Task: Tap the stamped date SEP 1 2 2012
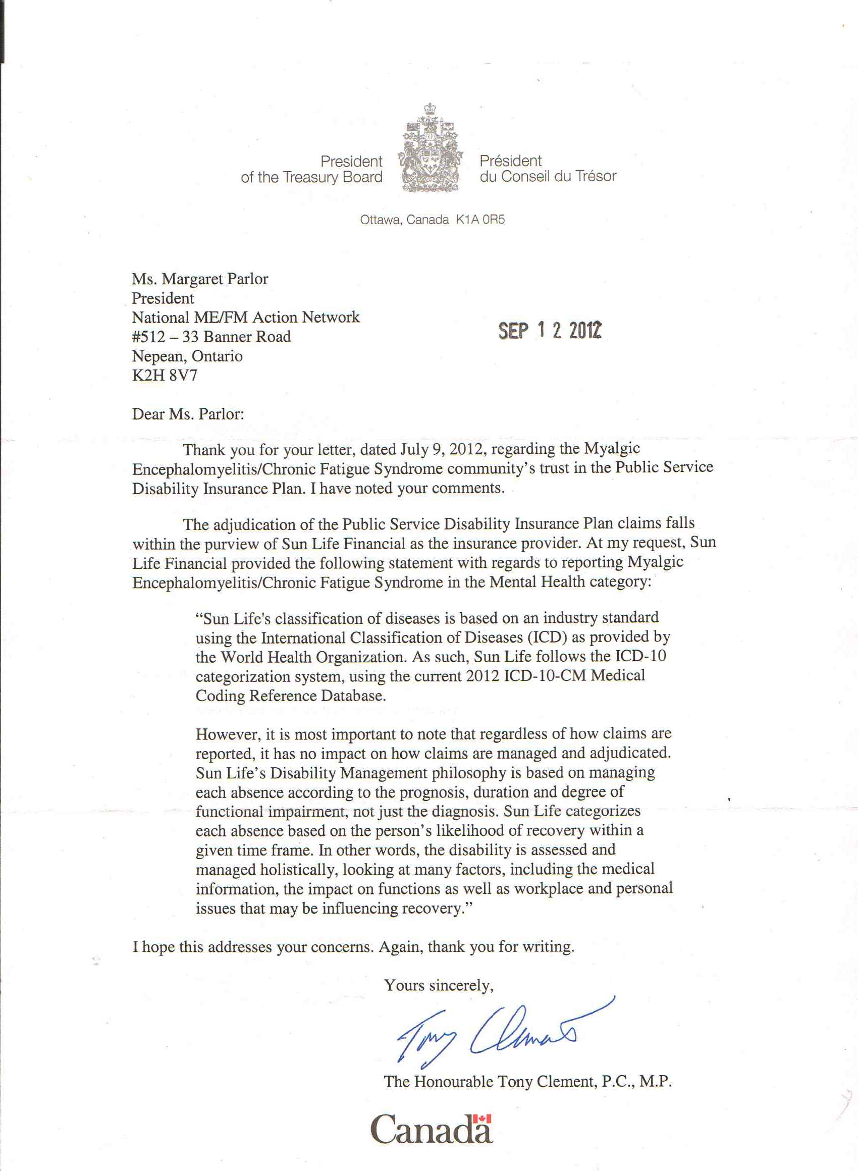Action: coord(550,330)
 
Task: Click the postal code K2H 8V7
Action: coord(165,376)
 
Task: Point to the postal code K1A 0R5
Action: coord(480,220)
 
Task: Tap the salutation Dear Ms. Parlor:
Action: coord(187,414)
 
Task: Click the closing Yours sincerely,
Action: coord(439,985)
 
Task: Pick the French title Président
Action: coord(511,161)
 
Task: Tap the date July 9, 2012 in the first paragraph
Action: coord(443,449)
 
